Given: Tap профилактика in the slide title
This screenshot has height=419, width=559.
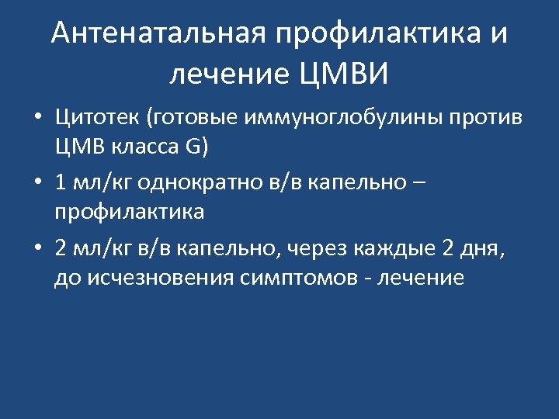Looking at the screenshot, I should point(375,35).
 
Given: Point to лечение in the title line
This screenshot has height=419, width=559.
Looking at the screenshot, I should point(229,75).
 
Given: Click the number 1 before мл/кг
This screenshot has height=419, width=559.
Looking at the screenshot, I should point(61,183).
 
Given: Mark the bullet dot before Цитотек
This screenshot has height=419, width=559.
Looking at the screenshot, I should point(37,119).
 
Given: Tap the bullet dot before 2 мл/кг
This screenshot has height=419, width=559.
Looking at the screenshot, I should point(37,249).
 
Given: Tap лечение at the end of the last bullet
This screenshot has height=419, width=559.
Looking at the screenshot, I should point(421,279).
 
